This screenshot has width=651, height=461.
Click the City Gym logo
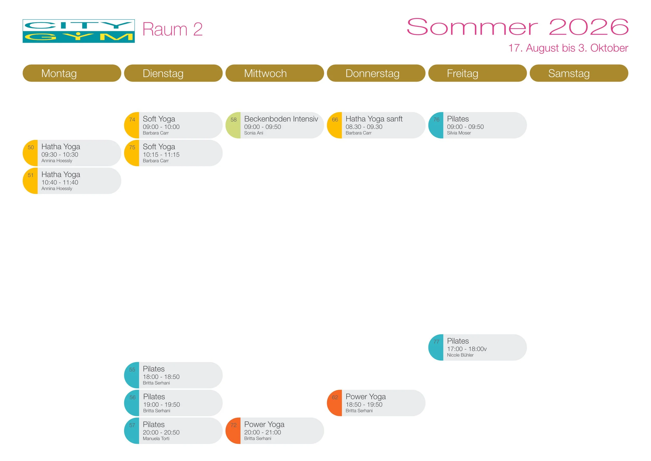click(x=79, y=31)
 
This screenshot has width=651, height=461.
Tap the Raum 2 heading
click(x=172, y=29)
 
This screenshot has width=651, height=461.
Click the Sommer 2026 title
click(x=517, y=27)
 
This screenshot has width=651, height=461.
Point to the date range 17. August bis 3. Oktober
click(x=568, y=48)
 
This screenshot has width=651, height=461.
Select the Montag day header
click(x=72, y=73)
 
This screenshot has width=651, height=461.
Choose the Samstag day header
click(x=579, y=73)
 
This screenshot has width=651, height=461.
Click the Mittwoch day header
click(x=274, y=73)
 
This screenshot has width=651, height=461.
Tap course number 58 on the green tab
click(x=233, y=120)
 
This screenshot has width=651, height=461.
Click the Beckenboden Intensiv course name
click(x=281, y=119)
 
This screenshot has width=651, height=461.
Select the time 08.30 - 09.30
click(x=364, y=127)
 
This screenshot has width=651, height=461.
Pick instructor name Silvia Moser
click(x=459, y=133)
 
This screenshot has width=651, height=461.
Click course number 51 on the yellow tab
click(x=31, y=175)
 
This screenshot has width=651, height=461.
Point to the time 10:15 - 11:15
click(x=161, y=155)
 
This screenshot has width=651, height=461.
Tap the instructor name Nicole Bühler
click(x=460, y=355)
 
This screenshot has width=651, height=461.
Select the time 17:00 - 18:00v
click(x=467, y=349)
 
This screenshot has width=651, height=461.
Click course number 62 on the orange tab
click(x=335, y=397)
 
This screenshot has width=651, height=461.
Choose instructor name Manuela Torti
click(x=156, y=439)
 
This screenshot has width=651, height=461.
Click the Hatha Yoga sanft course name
click(x=374, y=119)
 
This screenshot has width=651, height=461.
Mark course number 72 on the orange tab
click(x=233, y=425)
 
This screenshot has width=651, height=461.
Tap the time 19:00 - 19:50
click(x=161, y=404)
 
